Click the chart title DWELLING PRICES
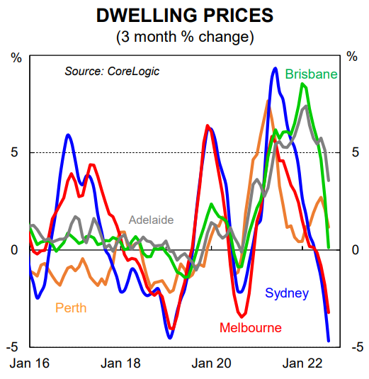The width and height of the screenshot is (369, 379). pos(183,14)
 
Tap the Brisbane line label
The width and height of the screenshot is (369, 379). pos(311,74)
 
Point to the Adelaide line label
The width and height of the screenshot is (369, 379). pos(150,220)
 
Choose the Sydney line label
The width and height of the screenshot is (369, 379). pos(287,293)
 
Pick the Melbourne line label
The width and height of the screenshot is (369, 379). pos(250,327)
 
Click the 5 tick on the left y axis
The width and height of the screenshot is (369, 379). pos(14,152)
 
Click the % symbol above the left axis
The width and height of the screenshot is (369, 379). pos(15,57)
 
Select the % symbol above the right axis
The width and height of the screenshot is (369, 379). pos(353,57)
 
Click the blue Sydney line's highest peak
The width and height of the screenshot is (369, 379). pos(275,68)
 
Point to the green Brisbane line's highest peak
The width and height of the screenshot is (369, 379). pos(303,84)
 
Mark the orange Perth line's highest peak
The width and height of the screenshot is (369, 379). pos(268,101)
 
